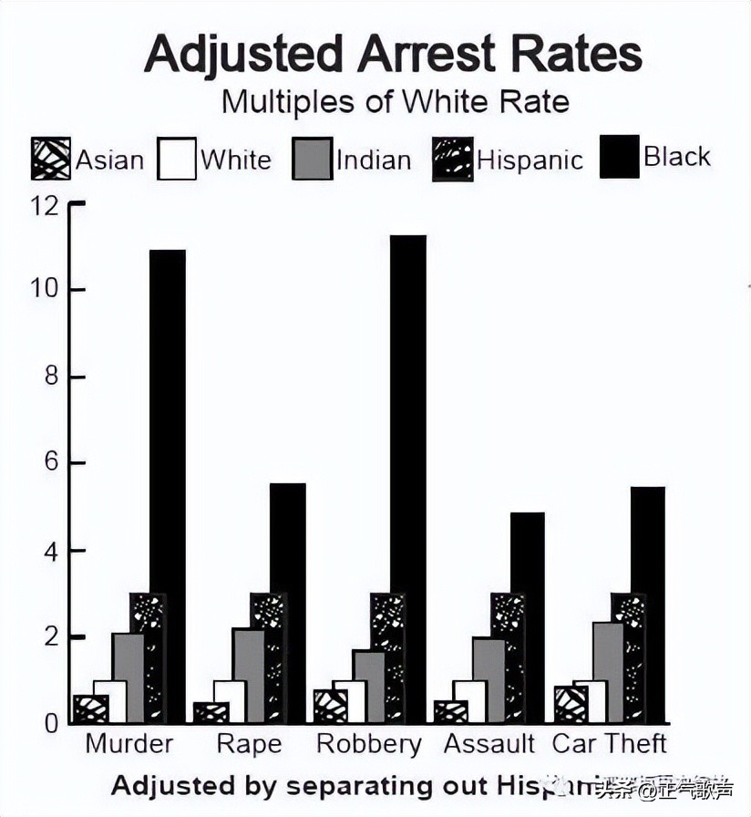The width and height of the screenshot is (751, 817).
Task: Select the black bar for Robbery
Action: pyautogui.click(x=407, y=478)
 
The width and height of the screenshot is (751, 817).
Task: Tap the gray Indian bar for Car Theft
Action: pyautogui.click(x=608, y=672)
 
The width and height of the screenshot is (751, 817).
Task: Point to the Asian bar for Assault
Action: pyautogui.click(x=450, y=711)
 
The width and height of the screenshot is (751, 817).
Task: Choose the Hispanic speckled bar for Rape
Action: pyautogui.click(x=268, y=657)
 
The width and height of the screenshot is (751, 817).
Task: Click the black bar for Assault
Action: pyautogui.click(x=527, y=616)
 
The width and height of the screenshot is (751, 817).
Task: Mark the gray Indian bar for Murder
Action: pyautogui.click(x=128, y=677)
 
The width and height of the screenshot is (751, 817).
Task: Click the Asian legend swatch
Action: pyautogui.click(x=51, y=159)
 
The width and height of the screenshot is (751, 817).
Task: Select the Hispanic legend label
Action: pyautogui.click(x=530, y=160)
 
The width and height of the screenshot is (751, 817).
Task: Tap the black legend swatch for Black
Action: pyautogui.click(x=619, y=157)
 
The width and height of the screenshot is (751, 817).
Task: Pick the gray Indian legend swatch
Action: pyautogui.click(x=312, y=159)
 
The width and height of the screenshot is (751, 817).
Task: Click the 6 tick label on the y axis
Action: pyautogui.click(x=49, y=463)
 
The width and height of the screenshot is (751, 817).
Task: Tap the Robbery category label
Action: pyautogui.click(x=368, y=744)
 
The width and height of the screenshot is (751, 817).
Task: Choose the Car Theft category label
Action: pyautogui.click(x=610, y=743)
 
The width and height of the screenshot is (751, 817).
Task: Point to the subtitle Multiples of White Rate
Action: pyautogui.click(x=395, y=101)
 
